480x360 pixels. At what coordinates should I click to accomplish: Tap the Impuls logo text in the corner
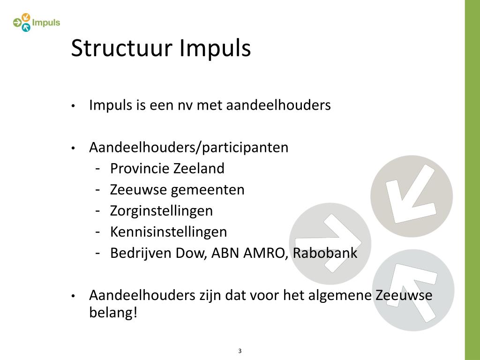pyautogui.click(x=46, y=22)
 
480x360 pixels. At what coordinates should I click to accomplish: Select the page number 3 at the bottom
pyautogui.click(x=240, y=351)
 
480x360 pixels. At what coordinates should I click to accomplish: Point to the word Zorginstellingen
pyautogui.click(x=161, y=211)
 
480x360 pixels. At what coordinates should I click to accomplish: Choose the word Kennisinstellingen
pyautogui.click(x=168, y=232)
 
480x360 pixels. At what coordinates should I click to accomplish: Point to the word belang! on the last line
pyautogui.click(x=113, y=312)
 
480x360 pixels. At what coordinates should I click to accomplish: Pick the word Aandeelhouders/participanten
pyautogui.click(x=189, y=148)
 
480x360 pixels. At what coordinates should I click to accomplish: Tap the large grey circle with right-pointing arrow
pyautogui.click(x=330, y=243)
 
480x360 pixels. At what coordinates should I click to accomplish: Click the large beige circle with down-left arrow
pyautogui.click(x=412, y=195)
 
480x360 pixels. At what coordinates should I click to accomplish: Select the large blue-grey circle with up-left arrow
pyautogui.click(x=413, y=290)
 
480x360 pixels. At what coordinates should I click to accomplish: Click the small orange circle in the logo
pyautogui.click(x=26, y=17)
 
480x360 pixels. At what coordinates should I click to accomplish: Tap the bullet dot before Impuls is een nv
pyautogui.click(x=74, y=106)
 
